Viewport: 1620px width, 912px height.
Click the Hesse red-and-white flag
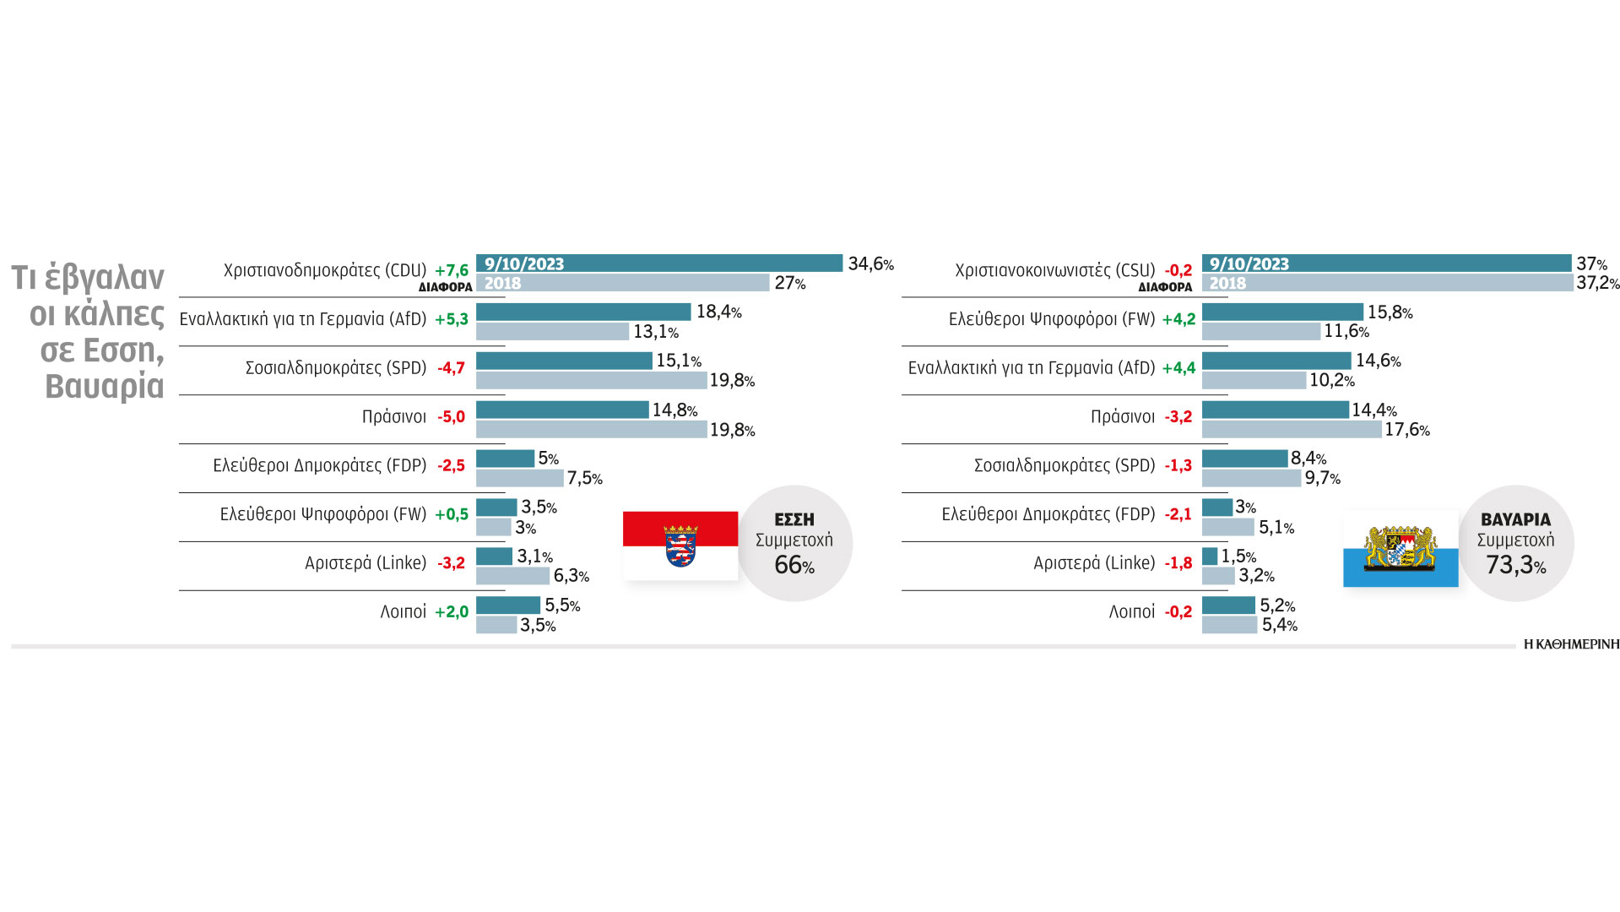pos(680,546)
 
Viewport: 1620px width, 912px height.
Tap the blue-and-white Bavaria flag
pos(1401,549)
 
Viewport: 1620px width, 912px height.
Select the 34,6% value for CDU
pos(870,264)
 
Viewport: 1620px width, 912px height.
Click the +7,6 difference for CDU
pos(452,270)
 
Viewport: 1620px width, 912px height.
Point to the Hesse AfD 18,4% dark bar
pos(583,312)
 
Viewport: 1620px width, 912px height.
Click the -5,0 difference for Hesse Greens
pos(452,417)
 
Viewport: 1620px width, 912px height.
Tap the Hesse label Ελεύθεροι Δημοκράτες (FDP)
pos(320,465)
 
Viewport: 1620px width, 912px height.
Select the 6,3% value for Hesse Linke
pos(571,577)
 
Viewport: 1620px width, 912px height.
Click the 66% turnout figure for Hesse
pos(794,565)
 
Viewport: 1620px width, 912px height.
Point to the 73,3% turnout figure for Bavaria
pos(1515,565)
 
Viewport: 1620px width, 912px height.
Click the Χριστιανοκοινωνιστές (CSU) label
pos(1054,270)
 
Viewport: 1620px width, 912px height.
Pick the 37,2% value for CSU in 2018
pos(1597,284)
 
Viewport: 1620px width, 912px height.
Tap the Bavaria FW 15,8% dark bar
pos(1282,312)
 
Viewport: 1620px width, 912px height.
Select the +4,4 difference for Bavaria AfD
pos(1178,368)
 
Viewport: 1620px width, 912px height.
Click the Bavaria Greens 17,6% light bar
pos(1292,430)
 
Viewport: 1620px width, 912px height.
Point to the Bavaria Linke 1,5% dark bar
pos(1210,556)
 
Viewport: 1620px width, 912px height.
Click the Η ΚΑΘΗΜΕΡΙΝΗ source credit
pos(1571,644)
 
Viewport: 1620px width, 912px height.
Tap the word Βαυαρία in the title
pos(105,387)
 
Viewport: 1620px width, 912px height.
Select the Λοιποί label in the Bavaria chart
pos(1131,612)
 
